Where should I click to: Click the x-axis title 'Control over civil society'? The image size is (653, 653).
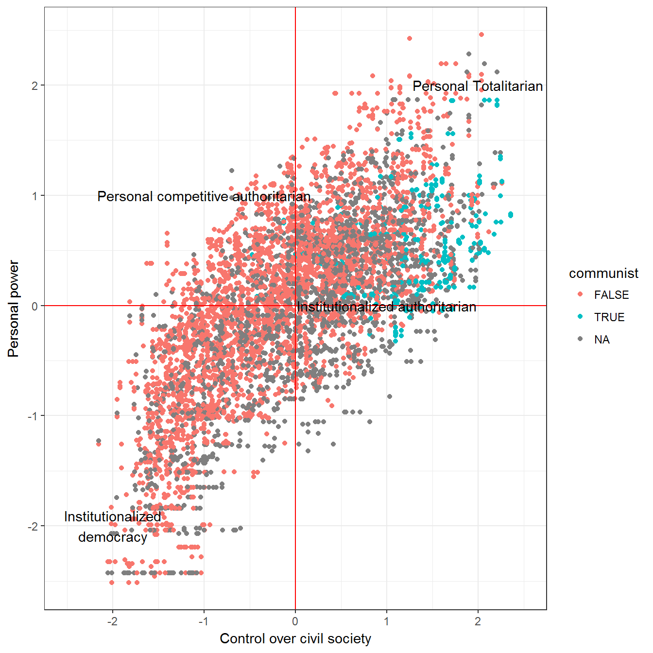click(295, 638)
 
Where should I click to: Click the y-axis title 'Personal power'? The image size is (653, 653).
click(14, 309)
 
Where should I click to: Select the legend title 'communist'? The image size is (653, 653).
click(603, 274)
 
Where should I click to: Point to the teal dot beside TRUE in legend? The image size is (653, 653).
click(580, 317)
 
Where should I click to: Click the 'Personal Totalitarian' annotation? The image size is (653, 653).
click(478, 86)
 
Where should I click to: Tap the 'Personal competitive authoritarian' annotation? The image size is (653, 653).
click(204, 196)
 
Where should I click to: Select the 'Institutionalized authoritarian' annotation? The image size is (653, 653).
click(386, 307)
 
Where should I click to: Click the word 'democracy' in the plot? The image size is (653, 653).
click(113, 537)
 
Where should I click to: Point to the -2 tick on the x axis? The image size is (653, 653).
click(112, 621)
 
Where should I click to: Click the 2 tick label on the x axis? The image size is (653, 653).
click(478, 621)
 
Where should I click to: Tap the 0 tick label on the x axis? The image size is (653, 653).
click(295, 621)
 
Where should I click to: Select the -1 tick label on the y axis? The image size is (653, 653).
click(33, 416)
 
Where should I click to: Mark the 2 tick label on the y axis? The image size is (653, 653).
click(34, 86)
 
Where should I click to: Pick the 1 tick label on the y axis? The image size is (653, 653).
click(34, 196)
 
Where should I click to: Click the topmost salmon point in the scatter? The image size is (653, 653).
click(481, 34)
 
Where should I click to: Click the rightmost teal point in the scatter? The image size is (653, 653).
click(511, 215)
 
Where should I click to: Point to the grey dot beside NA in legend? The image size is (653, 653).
click(580, 339)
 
